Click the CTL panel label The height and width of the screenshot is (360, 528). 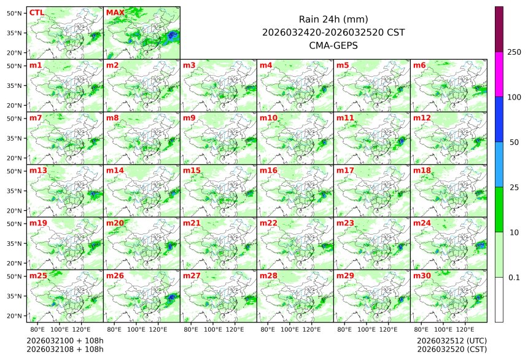(36, 12)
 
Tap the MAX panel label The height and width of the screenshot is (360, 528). (115, 12)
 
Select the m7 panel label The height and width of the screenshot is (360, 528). (36, 117)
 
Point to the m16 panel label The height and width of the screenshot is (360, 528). (268, 170)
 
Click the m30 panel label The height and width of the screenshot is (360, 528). (422, 276)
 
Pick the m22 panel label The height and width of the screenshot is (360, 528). (268, 223)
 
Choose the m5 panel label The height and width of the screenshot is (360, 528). (343, 65)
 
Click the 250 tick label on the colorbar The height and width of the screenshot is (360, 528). (514, 52)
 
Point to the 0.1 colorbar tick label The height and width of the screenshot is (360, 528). (514, 277)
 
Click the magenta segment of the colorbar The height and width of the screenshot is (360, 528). (499, 74)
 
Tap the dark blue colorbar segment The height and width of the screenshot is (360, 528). (499, 119)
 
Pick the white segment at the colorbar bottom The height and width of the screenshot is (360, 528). (499, 299)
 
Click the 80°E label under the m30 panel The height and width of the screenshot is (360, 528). (422, 330)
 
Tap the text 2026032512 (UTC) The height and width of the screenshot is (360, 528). (451, 340)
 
